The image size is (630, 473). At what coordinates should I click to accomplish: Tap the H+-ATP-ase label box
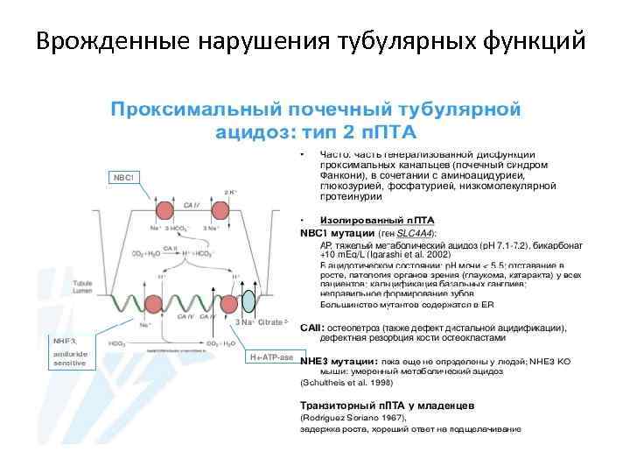tap(271, 357)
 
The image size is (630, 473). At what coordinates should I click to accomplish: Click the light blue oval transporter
tap(248, 302)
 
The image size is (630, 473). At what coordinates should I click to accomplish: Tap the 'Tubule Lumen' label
tap(108, 290)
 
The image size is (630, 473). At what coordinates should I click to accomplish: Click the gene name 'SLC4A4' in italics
tap(416, 234)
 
